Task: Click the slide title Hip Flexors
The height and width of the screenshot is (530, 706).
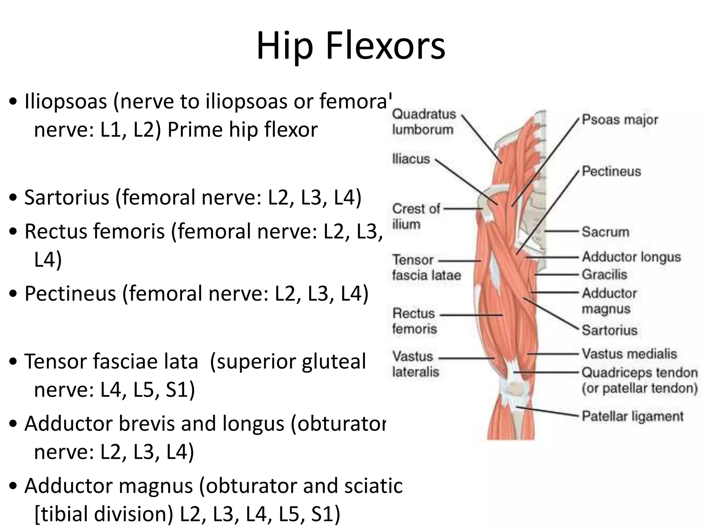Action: click(351, 46)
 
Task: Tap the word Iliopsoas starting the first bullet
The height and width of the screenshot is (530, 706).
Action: click(65, 101)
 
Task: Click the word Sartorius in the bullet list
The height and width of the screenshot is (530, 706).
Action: click(67, 197)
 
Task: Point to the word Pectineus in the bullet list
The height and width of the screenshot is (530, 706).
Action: click(70, 294)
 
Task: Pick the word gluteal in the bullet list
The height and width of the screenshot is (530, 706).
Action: click(334, 362)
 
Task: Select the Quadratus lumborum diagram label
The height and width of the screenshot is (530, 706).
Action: click(424, 122)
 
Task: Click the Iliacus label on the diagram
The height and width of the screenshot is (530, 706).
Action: click(411, 159)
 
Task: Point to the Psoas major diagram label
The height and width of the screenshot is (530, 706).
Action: click(620, 120)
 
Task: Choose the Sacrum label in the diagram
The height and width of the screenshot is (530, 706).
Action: click(605, 232)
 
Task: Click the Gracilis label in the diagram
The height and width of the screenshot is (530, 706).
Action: click(604, 275)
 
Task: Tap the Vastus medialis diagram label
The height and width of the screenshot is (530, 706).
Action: click(629, 354)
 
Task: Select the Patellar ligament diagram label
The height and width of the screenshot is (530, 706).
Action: click(632, 416)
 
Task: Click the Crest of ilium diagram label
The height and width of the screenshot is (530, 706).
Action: click(416, 216)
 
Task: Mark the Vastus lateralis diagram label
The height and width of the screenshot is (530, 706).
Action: click(415, 364)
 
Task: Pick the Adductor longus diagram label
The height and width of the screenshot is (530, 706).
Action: click(631, 257)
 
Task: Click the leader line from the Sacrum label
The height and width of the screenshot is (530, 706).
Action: click(562, 231)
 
